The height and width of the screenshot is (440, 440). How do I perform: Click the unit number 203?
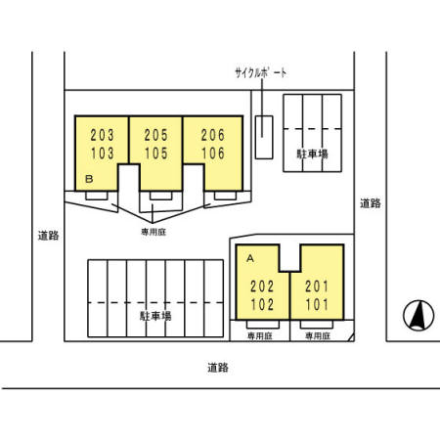(x=103, y=135)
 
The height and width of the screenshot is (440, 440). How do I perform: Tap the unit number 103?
(x=103, y=154)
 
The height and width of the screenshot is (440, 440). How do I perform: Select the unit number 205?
(x=156, y=135)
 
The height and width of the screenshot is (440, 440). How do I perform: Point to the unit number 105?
(x=156, y=154)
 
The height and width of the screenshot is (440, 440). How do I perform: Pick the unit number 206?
(x=213, y=135)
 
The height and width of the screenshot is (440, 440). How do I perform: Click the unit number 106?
(x=213, y=154)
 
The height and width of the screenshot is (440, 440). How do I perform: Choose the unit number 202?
(x=262, y=286)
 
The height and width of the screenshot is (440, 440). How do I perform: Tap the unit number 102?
(x=262, y=305)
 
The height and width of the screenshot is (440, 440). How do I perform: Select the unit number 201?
(x=317, y=286)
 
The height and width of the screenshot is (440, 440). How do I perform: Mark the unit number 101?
(x=317, y=305)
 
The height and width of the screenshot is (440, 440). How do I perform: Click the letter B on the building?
(x=89, y=179)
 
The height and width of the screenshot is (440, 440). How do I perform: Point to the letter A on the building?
(x=250, y=258)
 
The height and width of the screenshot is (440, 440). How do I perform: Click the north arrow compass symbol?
(x=418, y=316)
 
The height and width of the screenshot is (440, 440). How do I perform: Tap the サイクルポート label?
(x=261, y=73)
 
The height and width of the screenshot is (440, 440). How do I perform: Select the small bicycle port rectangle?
(x=264, y=137)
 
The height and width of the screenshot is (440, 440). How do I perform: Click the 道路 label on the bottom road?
(x=218, y=368)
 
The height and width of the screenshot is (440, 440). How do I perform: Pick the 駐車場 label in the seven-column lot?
(x=155, y=316)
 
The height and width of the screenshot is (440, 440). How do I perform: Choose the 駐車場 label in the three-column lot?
(x=312, y=154)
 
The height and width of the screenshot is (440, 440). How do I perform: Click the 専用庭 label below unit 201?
(x=318, y=336)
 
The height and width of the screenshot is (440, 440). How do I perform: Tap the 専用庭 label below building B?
(x=154, y=232)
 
